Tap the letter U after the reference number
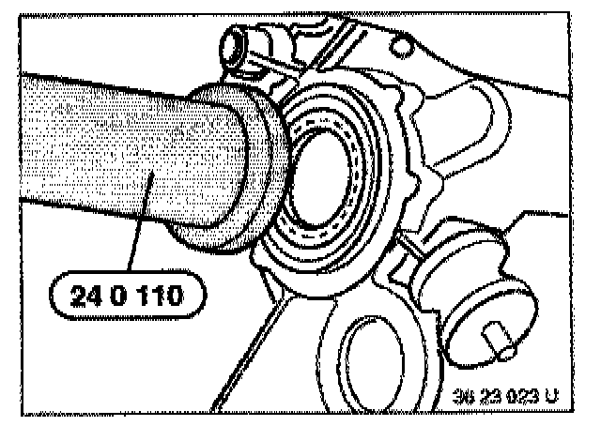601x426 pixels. [x=550, y=397]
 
